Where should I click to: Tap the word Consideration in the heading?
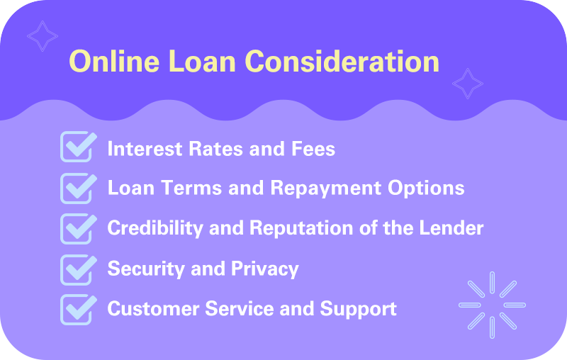pyautogui.click(x=342, y=62)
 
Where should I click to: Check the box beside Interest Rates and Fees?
pyautogui.click(x=77, y=147)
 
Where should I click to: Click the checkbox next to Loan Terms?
pyautogui.click(x=77, y=187)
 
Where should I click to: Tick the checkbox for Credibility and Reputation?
pyautogui.click(x=77, y=227)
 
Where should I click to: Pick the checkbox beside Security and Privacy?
pyautogui.click(x=77, y=269)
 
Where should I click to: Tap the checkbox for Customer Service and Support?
pyautogui.click(x=77, y=309)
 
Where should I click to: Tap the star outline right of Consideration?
pyautogui.click(x=467, y=84)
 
